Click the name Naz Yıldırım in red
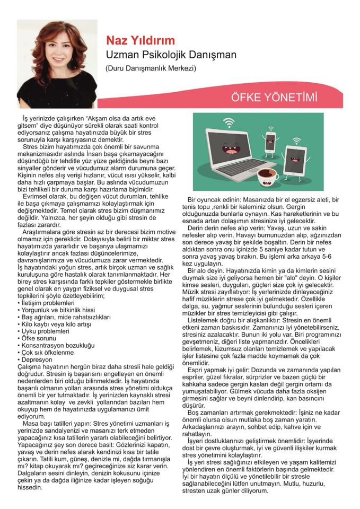click(141, 41)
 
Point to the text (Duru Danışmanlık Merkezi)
click(150, 68)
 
